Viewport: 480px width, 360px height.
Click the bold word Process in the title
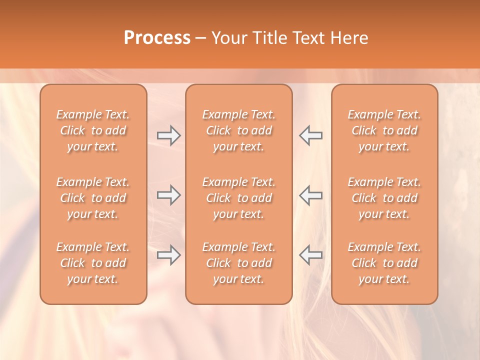point(157,38)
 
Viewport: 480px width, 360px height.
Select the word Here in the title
point(349,38)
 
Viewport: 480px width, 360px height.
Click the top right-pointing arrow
point(168,135)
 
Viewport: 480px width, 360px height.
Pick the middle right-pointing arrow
point(168,195)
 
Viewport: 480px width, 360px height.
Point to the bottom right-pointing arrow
point(168,255)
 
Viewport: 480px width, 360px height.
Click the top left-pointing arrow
point(311,135)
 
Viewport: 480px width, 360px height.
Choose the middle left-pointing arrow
point(311,195)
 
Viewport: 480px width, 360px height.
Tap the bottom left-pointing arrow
point(311,255)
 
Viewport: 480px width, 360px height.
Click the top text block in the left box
point(93,130)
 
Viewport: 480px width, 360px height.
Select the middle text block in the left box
point(93,198)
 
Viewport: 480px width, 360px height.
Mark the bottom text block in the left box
point(93,263)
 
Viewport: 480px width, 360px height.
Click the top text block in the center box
point(239,130)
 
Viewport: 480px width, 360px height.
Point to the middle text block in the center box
point(239,198)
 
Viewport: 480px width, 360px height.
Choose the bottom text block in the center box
point(239,263)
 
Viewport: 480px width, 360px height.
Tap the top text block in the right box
point(384,130)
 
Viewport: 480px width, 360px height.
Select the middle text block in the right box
point(384,198)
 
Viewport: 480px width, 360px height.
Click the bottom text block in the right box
point(384,263)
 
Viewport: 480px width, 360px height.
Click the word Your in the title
point(229,38)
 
